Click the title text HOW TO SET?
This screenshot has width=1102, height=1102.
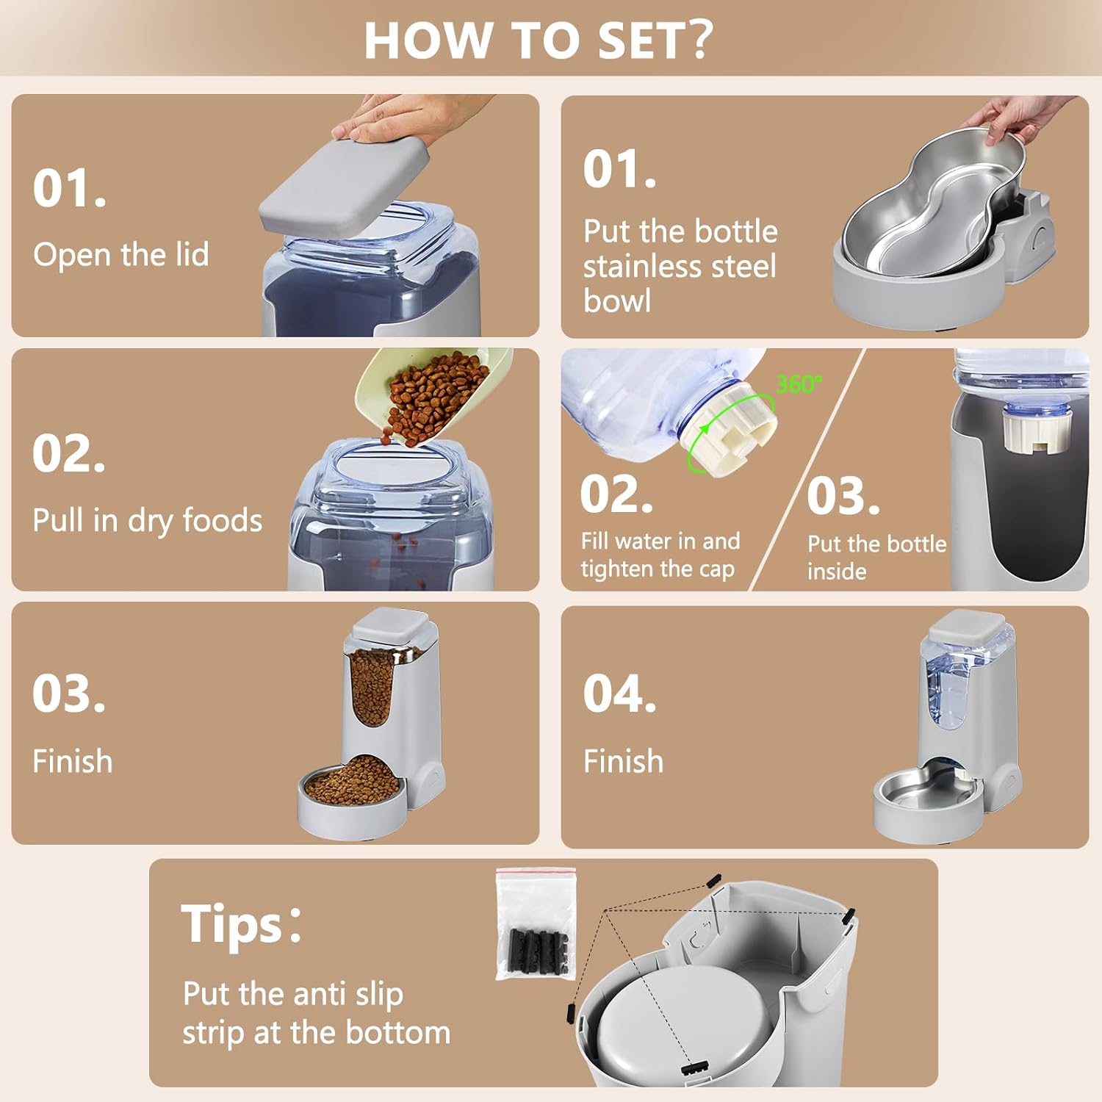(538, 40)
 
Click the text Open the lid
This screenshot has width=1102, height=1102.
(121, 255)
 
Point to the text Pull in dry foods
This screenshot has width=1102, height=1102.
(147, 520)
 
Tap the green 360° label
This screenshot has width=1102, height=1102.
(799, 383)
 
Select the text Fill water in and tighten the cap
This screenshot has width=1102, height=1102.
(660, 555)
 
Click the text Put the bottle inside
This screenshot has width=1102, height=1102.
(876, 557)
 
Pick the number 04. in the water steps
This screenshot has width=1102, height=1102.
(619, 694)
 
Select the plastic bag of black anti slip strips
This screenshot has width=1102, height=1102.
(536, 924)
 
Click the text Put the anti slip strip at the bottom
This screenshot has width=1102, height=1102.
(316, 1012)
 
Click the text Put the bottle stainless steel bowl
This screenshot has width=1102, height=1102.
(680, 266)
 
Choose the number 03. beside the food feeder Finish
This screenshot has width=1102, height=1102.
(68, 694)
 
